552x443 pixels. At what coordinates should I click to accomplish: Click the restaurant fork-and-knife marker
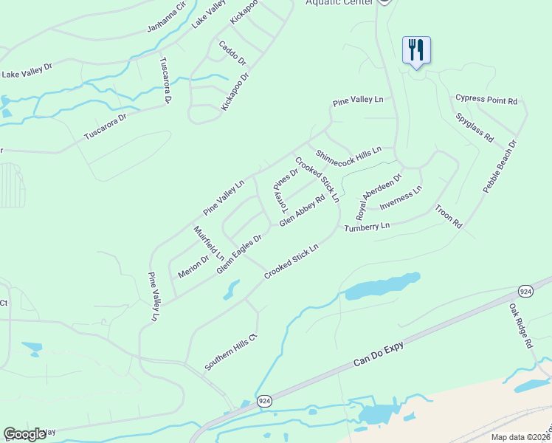point(416,50)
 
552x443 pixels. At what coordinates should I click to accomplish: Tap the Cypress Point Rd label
point(486,100)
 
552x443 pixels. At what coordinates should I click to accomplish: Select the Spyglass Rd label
point(474,126)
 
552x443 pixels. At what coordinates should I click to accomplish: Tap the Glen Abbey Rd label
point(302,211)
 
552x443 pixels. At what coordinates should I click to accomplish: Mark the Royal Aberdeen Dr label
point(379,192)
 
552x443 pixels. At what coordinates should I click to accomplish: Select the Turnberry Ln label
point(367,227)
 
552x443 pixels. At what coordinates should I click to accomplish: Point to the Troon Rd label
point(449,216)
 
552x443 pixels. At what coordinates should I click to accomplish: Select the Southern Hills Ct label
point(230,352)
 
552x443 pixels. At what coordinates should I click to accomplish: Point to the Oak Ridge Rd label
point(520,325)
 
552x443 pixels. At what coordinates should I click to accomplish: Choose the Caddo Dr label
point(232,52)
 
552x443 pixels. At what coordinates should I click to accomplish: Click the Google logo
point(24,434)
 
